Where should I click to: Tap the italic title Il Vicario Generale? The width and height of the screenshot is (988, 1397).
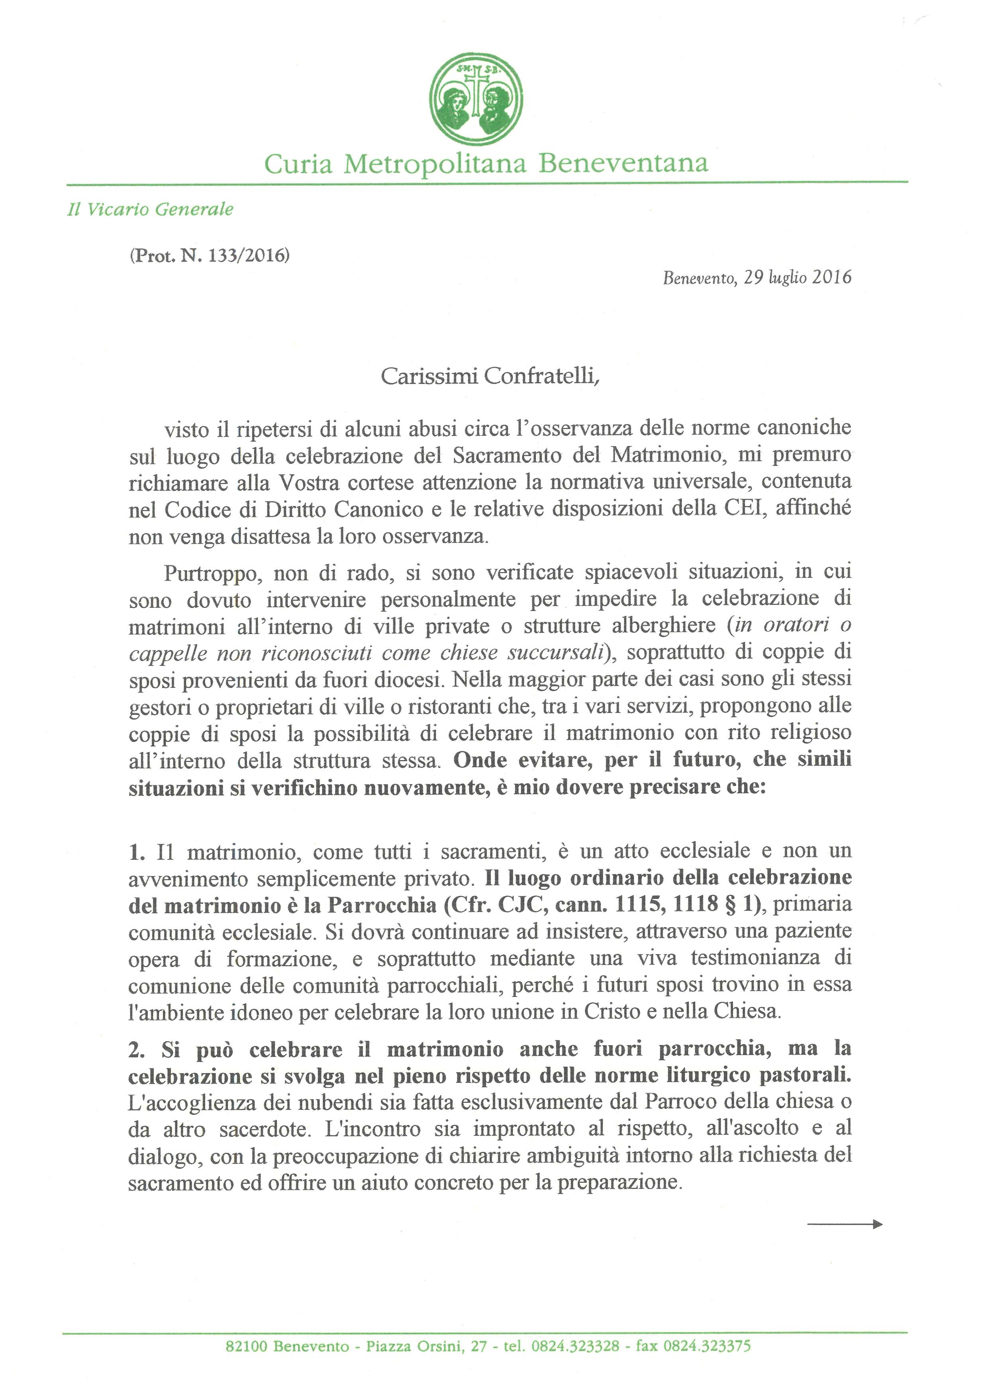[x=150, y=209]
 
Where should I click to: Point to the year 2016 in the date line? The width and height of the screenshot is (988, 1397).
[x=831, y=278]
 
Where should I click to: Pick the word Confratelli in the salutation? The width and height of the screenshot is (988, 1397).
[x=542, y=377]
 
